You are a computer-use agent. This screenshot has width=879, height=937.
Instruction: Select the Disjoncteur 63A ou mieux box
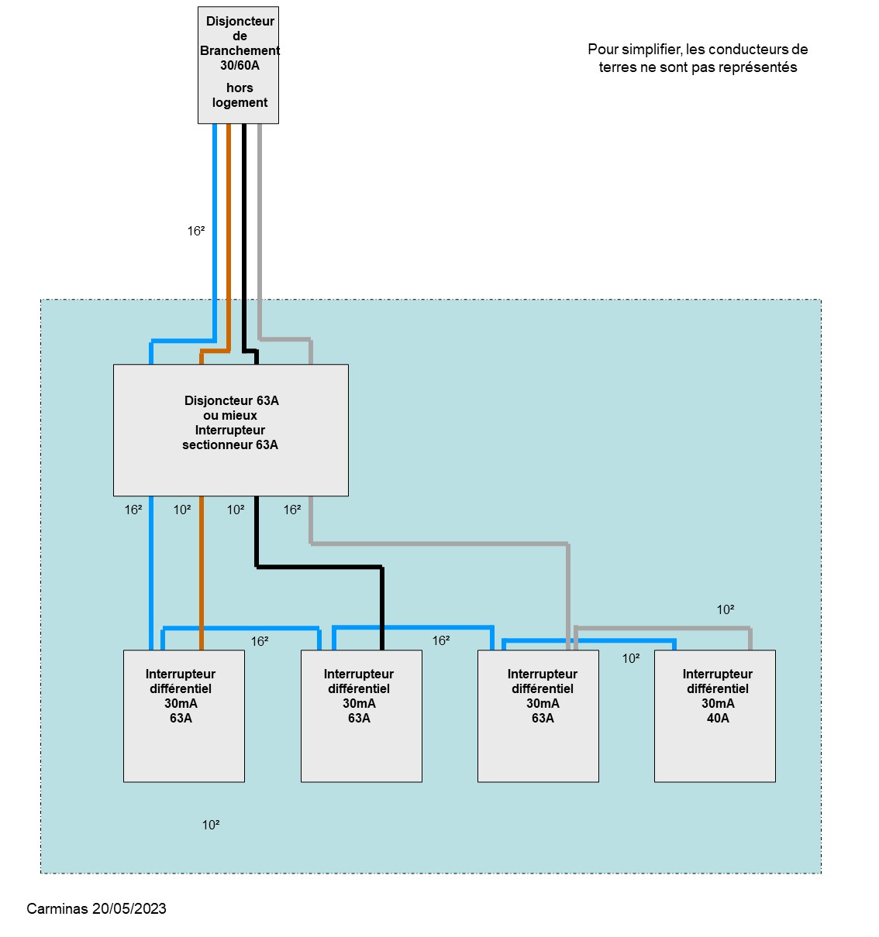pyautogui.click(x=230, y=430)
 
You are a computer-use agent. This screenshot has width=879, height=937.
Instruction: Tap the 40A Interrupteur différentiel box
pyautogui.click(x=714, y=715)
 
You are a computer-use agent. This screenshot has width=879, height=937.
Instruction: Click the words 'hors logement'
pyautogui.click(x=240, y=95)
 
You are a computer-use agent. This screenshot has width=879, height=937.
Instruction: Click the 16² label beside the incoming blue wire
pyautogui.click(x=196, y=231)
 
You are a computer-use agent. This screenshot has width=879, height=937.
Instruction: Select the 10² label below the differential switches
pyautogui.click(x=211, y=825)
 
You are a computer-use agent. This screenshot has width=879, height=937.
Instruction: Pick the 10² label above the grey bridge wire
pyautogui.click(x=726, y=609)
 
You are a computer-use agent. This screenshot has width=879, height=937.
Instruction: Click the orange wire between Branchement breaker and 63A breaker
pyautogui.click(x=229, y=232)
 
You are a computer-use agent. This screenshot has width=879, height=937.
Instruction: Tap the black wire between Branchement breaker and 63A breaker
pyautogui.click(x=243, y=232)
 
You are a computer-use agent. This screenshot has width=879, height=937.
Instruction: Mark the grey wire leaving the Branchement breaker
pyautogui.click(x=259, y=232)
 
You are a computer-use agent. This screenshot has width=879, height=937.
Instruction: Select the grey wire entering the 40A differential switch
pyautogui.click(x=750, y=638)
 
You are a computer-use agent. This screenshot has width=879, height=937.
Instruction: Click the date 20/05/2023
pyautogui.click(x=129, y=908)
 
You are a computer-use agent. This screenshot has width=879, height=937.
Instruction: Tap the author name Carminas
pyautogui.click(x=57, y=908)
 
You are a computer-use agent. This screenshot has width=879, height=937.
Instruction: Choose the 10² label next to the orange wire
pyautogui.click(x=182, y=510)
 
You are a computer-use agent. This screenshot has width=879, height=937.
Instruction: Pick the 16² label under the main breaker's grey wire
pyautogui.click(x=292, y=510)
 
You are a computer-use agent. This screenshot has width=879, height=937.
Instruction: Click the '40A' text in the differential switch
pyautogui.click(x=718, y=718)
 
